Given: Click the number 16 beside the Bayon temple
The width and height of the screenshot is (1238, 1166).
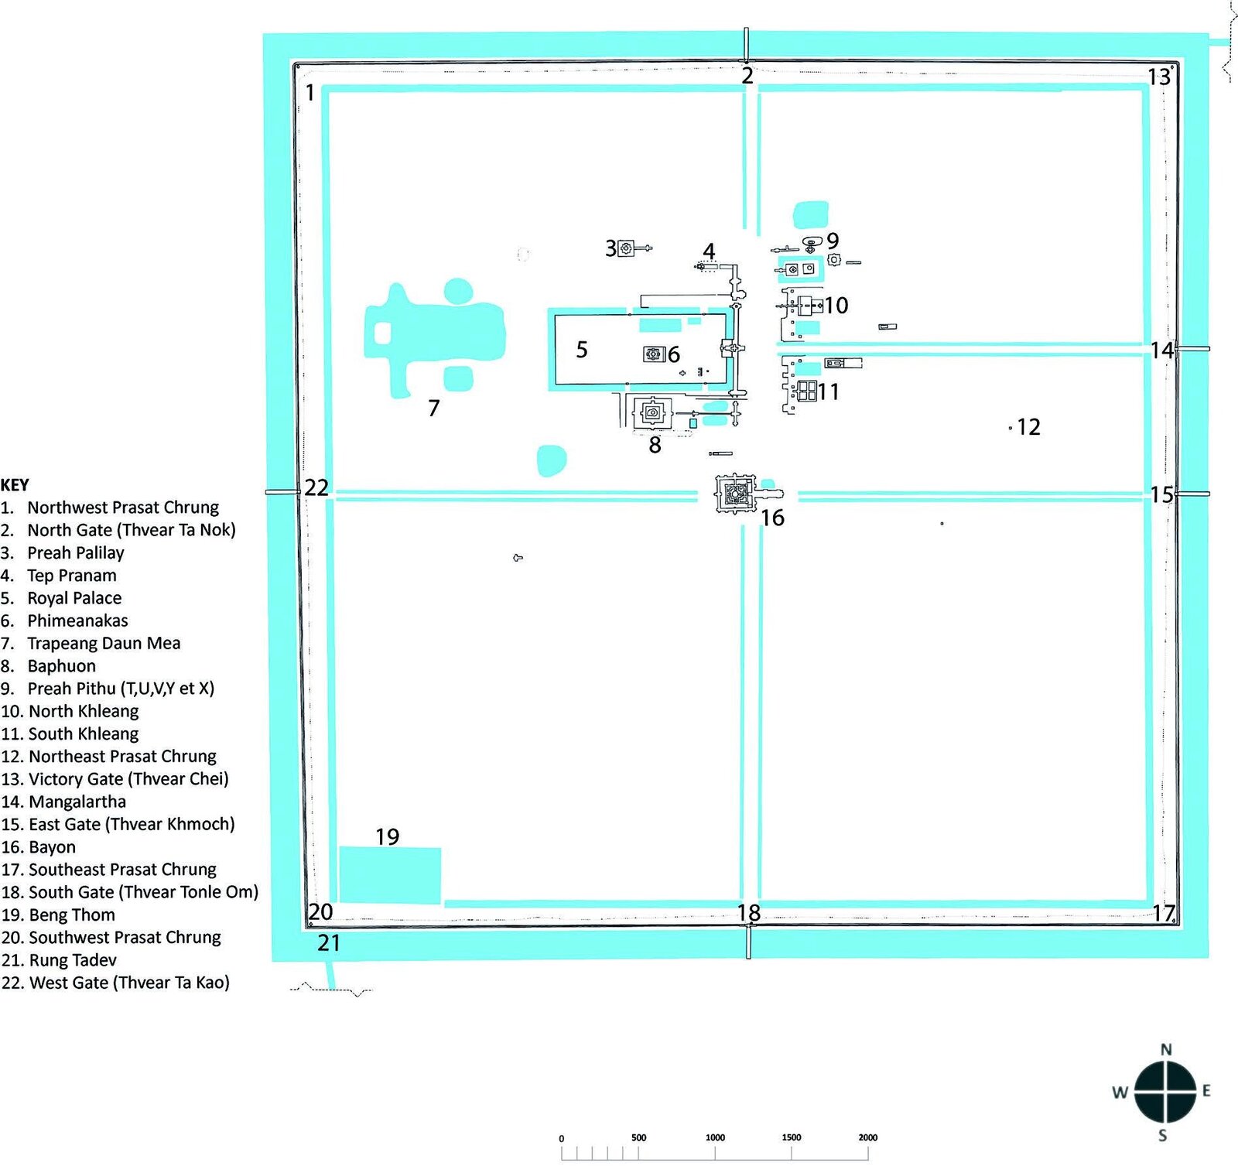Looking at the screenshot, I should coord(772,518).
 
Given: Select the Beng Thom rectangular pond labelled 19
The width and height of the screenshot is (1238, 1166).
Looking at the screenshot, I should coord(390,875).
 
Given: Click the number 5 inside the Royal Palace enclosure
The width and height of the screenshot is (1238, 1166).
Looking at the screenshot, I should coord(582,350).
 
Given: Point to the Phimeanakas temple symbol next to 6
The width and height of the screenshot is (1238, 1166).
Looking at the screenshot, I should coord(654,354).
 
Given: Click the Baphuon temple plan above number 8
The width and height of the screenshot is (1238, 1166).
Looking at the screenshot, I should coord(652,413).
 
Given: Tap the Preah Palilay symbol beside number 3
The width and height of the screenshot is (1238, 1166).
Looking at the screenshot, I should coord(626,248).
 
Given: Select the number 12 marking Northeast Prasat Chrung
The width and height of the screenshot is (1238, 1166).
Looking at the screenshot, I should coord(1028,427).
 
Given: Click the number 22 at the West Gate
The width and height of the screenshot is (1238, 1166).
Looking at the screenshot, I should coord(316,487).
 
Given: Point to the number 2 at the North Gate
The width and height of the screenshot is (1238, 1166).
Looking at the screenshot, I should coord(747,76).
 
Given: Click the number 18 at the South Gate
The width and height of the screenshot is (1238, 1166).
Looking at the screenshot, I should coord(748,913).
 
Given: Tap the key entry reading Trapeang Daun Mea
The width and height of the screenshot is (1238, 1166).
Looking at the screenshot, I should coord(104,644).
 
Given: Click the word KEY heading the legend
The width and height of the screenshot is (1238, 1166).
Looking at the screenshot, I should coord(15,485).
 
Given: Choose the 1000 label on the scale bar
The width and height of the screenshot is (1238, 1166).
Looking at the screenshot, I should coord(715,1137).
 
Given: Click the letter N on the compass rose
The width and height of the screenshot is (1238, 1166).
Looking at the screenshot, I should coord(1166,1050).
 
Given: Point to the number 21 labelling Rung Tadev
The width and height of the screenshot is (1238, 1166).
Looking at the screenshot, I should coord(329,943).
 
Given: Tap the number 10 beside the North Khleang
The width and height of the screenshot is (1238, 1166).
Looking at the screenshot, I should coord(836,306).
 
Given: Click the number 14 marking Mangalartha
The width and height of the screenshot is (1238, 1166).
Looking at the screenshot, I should coord(1161,350).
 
